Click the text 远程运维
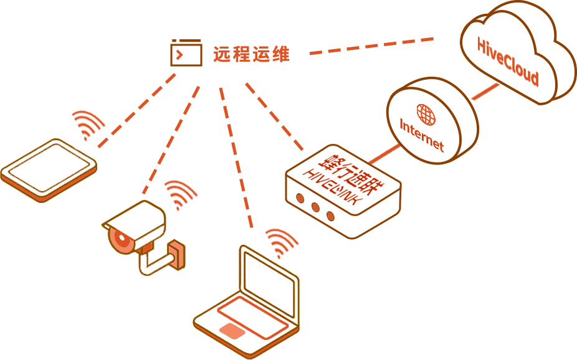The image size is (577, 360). (x=252, y=54)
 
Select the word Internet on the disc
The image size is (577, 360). (x=422, y=135)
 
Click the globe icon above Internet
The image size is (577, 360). (x=426, y=113)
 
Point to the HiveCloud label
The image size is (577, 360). (x=507, y=62)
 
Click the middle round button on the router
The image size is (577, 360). (x=315, y=207)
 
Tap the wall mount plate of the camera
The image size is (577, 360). (x=177, y=256)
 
